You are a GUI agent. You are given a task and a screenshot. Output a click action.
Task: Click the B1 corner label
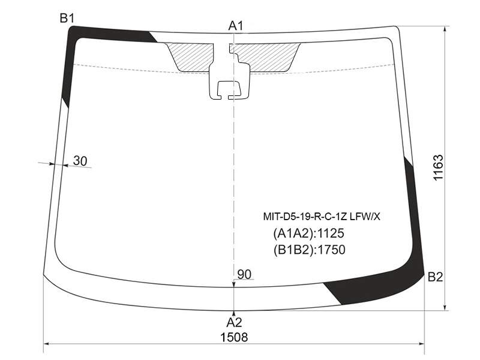coord(67,19)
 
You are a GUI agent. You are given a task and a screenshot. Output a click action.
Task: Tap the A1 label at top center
coord(236,26)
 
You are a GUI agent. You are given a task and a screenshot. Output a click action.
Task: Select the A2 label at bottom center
coord(234,322)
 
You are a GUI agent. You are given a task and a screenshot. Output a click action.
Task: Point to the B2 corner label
coord(435,277)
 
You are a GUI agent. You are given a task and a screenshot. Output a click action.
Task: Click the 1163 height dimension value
coord(438,168)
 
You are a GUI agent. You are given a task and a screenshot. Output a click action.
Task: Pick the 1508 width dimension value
coord(234,337)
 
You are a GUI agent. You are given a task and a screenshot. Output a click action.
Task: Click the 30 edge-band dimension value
coord(80,161)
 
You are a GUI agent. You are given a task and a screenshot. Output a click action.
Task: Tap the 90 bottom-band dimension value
coord(244,275)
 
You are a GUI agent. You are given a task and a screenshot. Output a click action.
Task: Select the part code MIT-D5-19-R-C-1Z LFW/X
coord(322,217)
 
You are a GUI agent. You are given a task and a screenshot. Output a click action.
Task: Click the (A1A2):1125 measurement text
coord(308,233)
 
